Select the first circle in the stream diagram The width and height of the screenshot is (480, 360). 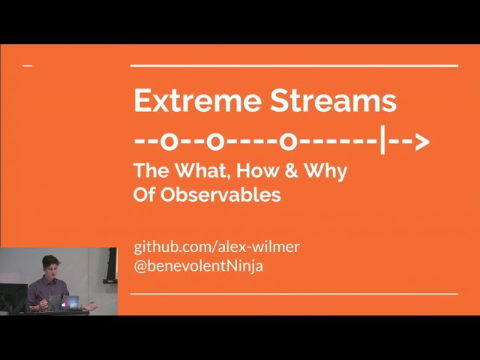click(x=170, y=140)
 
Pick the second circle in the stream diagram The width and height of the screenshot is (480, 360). click(x=216, y=140)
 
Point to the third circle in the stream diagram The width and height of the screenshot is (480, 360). click(x=288, y=140)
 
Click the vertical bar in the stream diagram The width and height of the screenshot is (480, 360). click(x=382, y=139)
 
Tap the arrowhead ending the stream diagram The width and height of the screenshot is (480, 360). click(x=421, y=140)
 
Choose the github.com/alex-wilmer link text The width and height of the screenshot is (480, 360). click(x=217, y=247)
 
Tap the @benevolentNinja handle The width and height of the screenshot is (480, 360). click(x=198, y=265)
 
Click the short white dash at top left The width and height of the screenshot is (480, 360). click(x=28, y=66)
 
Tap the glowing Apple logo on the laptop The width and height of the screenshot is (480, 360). click(x=73, y=302)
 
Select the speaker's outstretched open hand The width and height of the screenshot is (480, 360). click(x=90, y=305)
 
